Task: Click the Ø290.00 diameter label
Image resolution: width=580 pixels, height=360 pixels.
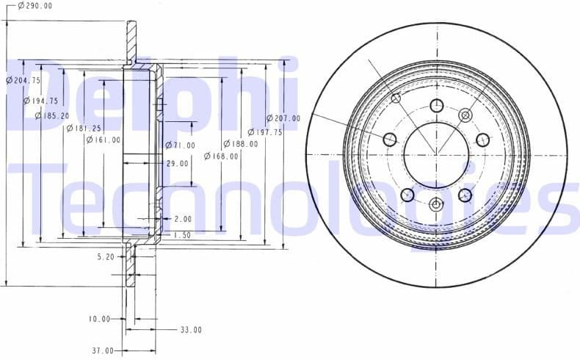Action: pos(35,6)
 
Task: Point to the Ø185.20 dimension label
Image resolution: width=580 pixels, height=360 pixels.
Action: pos(51,115)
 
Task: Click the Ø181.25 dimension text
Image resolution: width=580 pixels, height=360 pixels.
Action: pos(83,128)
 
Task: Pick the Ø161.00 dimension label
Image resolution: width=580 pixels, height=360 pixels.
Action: pos(103,140)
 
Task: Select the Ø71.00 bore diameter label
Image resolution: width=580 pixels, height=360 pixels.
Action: pos(180,145)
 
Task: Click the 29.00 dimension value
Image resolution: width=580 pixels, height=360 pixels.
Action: pos(177,163)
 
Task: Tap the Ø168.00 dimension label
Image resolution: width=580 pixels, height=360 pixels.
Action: pos(221,156)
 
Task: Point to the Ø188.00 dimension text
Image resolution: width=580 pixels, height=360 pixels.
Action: pos(240,144)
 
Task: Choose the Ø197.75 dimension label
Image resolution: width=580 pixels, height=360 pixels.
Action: pos(264,132)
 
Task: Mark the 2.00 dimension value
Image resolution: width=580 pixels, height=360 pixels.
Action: pos(183,219)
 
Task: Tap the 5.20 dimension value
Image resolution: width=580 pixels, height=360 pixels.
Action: pos(106,257)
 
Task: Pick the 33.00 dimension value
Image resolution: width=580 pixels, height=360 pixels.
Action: pos(191,330)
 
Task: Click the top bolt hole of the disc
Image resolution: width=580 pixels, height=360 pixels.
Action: pos(436,104)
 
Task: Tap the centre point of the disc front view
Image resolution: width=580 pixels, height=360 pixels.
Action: pos(436,154)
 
